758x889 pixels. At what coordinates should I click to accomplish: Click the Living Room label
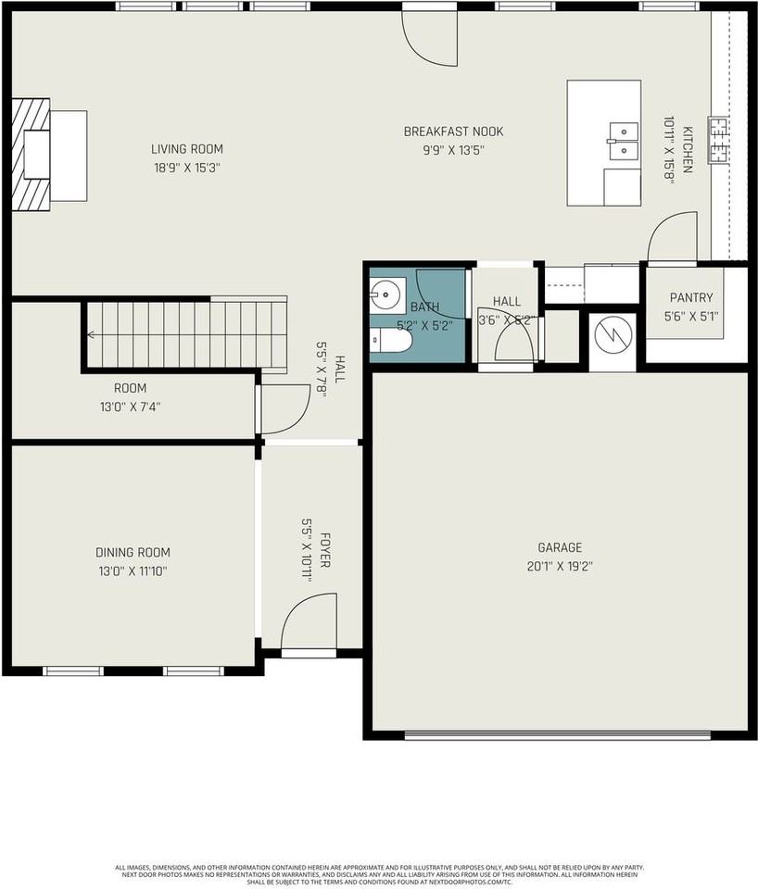tap(187, 149)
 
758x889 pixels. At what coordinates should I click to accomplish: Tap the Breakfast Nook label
tap(453, 131)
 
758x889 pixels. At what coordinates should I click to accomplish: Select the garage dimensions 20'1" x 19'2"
tap(559, 565)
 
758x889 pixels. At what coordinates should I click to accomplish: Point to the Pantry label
tap(690, 298)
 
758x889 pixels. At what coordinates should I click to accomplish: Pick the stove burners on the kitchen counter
tap(718, 140)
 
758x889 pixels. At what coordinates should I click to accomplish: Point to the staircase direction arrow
tap(92, 335)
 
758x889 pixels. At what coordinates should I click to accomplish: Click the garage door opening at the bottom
tap(558, 735)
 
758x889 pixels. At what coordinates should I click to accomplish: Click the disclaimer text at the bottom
tap(379, 874)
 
